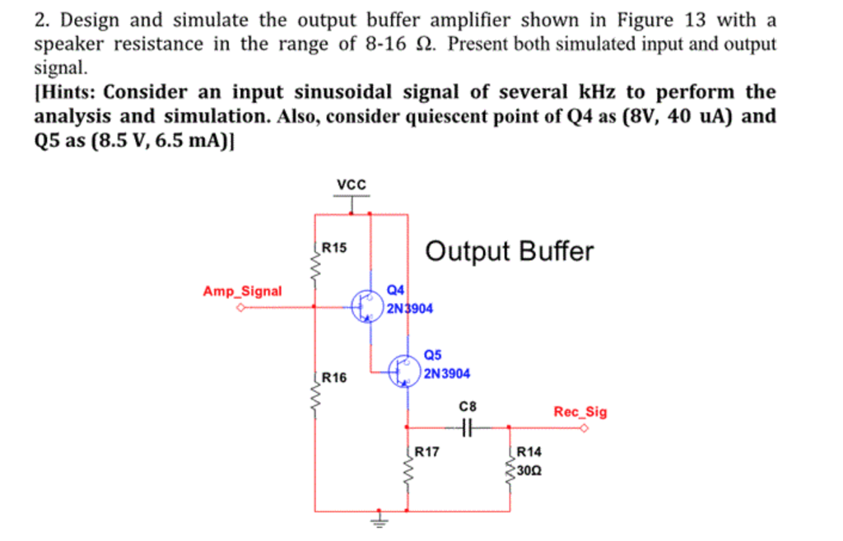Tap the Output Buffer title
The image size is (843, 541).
(509, 251)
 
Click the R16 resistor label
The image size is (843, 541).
(334, 378)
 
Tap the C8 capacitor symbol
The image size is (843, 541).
(467, 427)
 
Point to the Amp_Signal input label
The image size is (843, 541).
(242, 291)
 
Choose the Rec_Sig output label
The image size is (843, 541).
(580, 412)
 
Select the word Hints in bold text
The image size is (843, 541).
(68, 91)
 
